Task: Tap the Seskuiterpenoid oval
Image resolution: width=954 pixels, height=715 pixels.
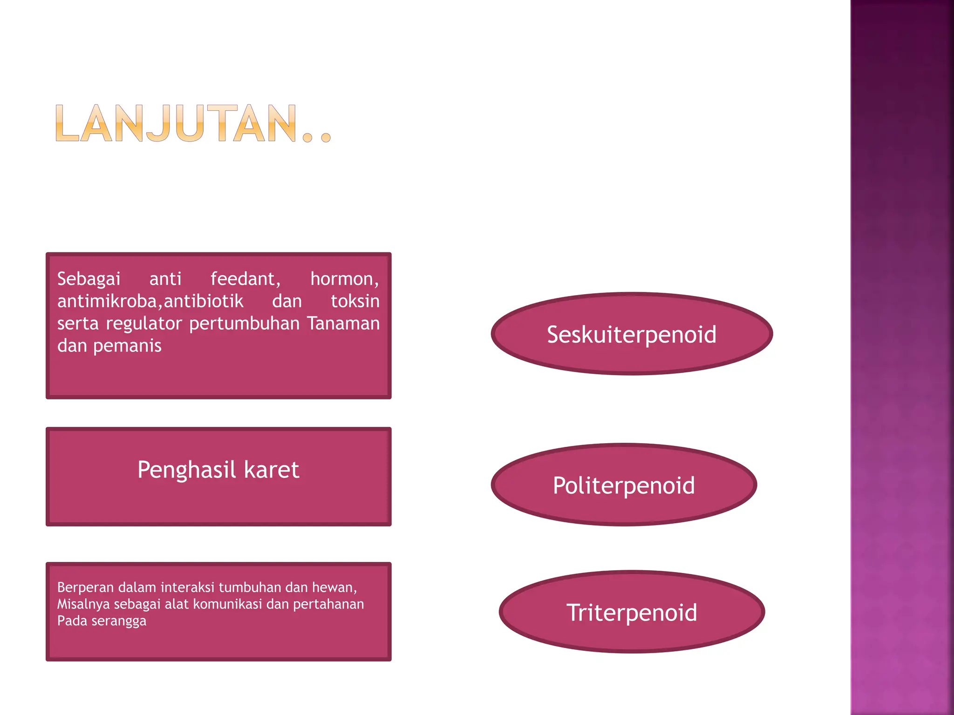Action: (632, 334)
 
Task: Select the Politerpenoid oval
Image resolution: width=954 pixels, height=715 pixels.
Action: (624, 485)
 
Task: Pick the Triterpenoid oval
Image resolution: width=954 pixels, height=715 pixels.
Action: (632, 612)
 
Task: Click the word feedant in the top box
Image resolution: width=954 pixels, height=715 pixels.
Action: (245, 279)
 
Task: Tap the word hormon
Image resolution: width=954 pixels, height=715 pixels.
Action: (344, 279)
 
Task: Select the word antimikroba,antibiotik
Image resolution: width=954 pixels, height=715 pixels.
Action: (150, 301)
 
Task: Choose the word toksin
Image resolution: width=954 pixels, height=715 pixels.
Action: (355, 301)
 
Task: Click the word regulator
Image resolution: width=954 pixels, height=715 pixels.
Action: (143, 323)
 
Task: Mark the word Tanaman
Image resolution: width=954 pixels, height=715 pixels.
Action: (343, 323)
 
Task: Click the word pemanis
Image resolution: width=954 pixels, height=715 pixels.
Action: (127, 346)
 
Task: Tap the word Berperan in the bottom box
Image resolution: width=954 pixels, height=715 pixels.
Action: (85, 587)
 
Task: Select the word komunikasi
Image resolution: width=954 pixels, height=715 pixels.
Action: (227, 604)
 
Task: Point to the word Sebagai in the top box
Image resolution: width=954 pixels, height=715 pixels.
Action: (89, 279)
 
